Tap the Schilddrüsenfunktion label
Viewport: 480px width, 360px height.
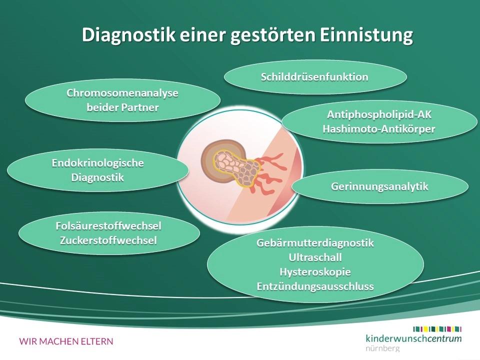314,77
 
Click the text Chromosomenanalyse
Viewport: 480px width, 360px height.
122,93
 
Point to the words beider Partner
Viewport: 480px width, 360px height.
122,107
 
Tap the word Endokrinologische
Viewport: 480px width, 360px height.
98,163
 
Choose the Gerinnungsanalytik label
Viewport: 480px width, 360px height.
379,186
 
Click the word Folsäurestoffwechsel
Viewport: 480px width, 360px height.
108,226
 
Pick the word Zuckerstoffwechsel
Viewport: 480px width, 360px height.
108,240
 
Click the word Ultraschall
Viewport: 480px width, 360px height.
315,257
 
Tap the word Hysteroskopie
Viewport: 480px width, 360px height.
315,272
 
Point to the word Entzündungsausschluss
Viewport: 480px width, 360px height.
315,286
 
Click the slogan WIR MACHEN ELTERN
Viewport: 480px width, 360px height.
66,341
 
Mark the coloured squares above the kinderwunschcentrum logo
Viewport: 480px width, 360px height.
437,328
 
